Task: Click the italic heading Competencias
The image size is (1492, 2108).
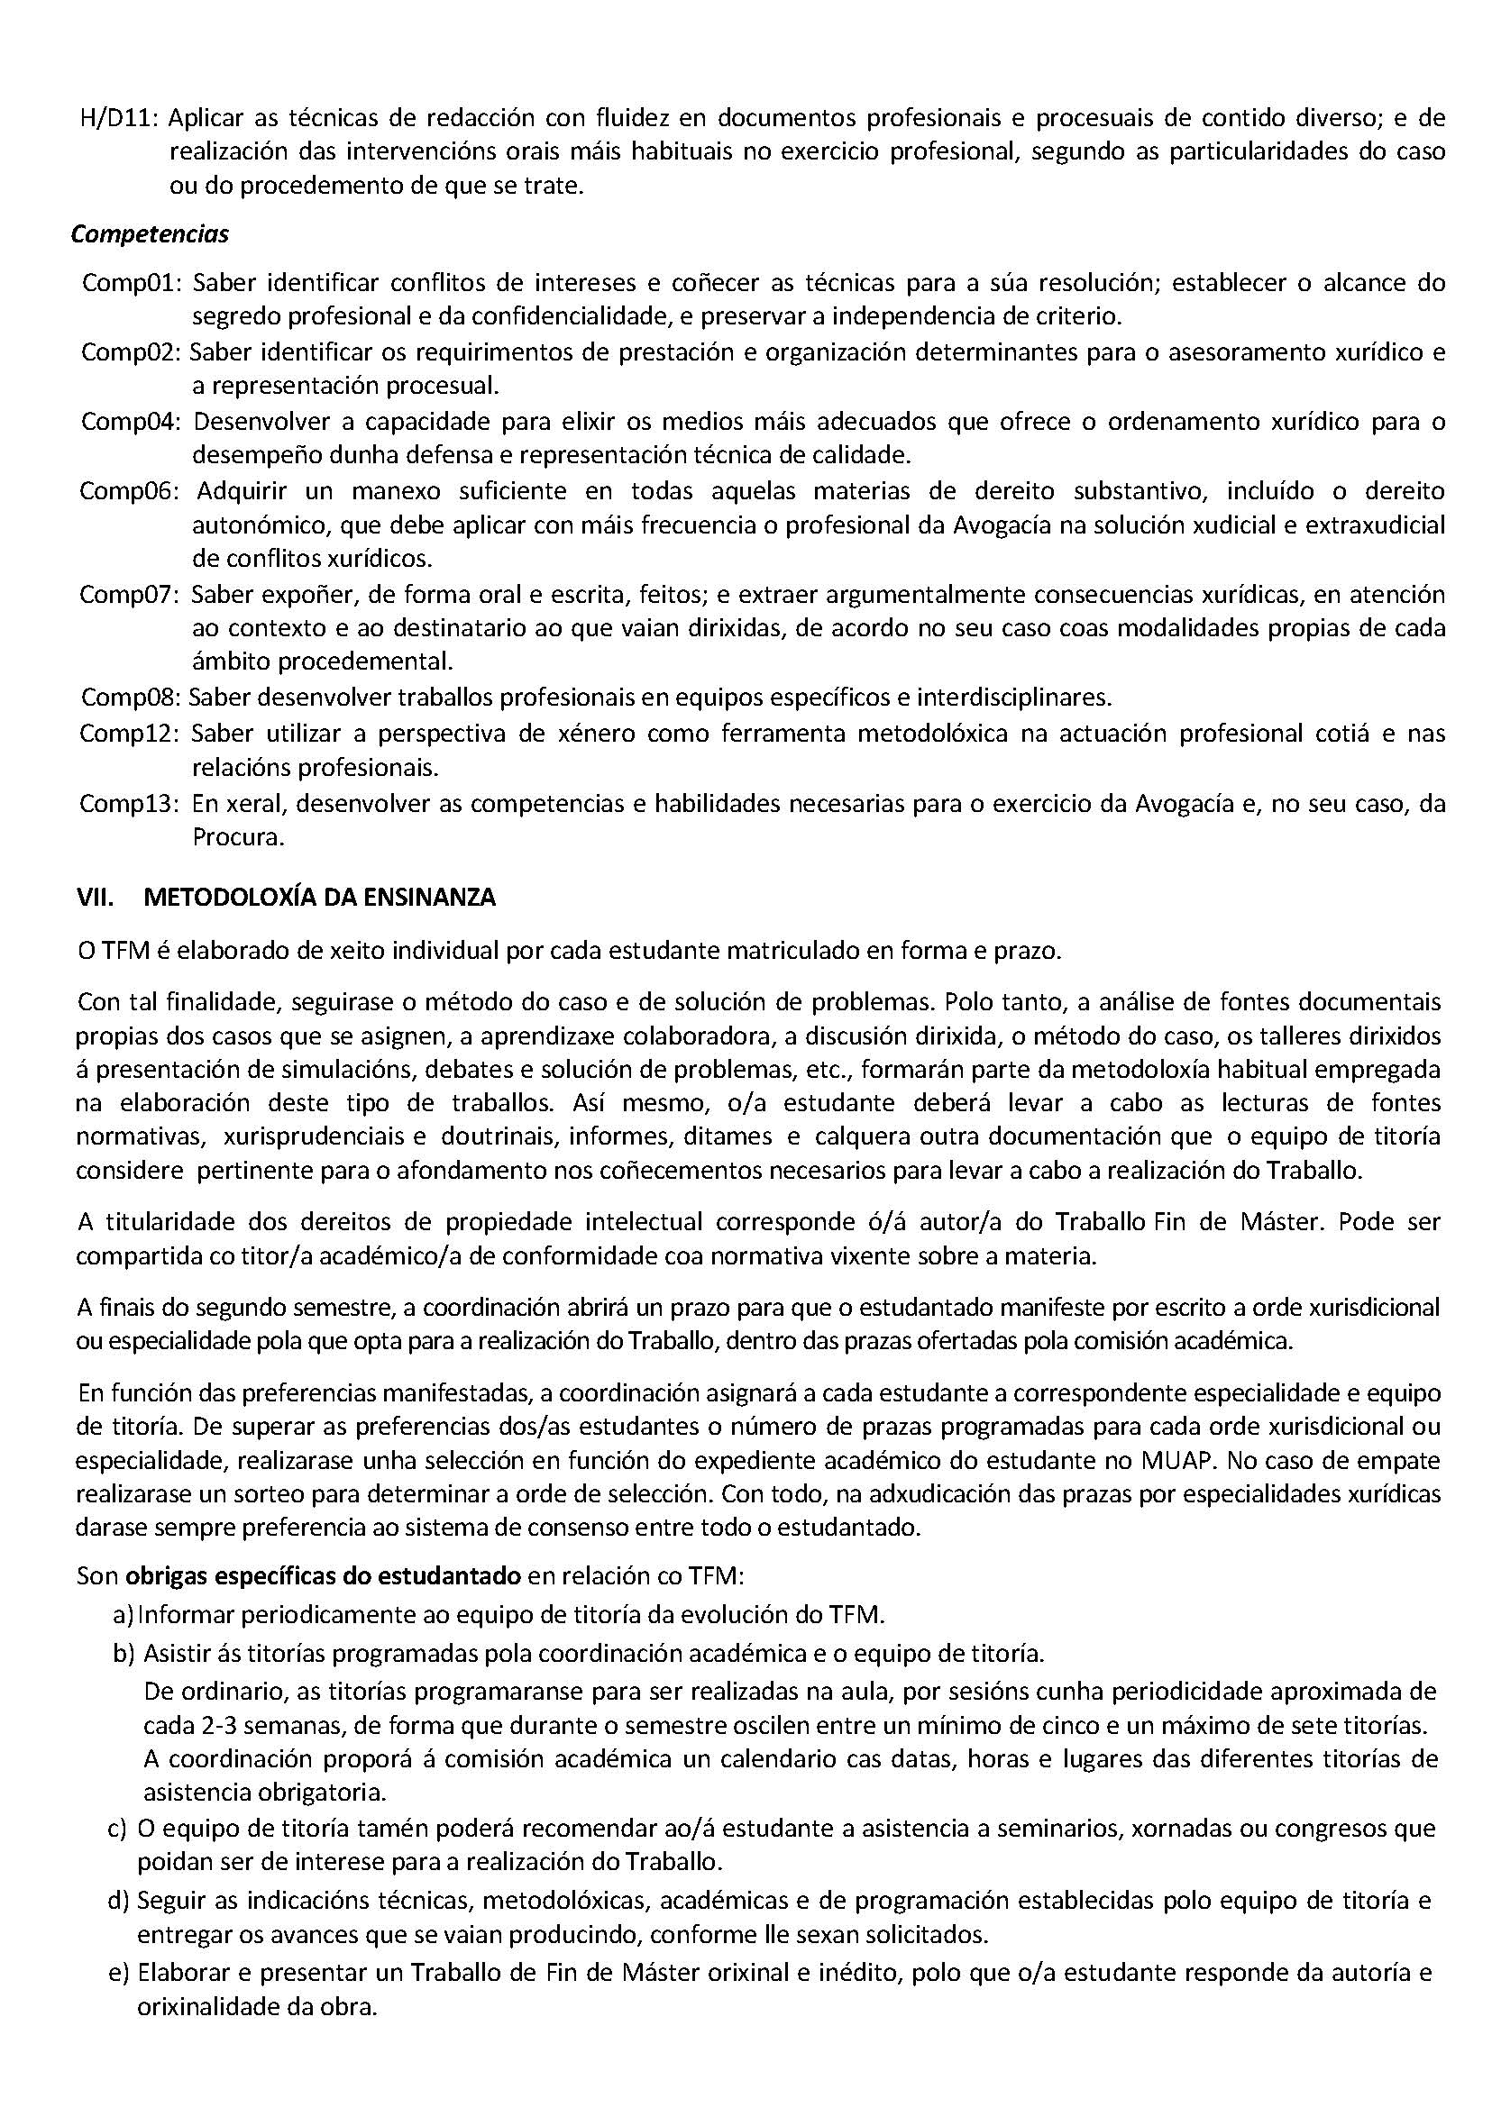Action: coord(150,235)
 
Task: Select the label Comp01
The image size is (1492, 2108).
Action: coord(132,282)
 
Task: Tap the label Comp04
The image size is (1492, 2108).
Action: coord(132,422)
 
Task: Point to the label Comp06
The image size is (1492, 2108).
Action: coord(131,491)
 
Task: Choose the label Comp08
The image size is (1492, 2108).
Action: coord(131,698)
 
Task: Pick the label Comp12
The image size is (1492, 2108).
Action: coord(131,734)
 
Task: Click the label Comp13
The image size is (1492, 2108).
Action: coord(131,804)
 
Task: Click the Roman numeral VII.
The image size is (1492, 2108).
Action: coord(95,898)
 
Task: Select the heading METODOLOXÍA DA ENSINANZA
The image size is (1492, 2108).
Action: coord(320,898)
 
